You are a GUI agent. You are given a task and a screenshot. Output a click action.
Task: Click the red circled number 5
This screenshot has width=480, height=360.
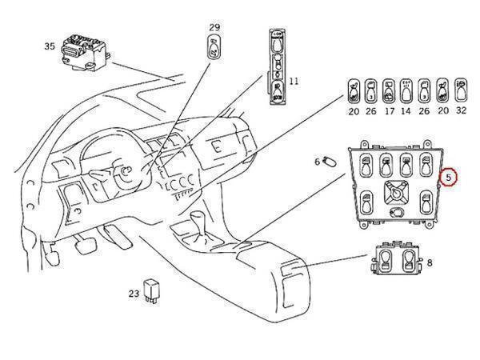click(450, 177)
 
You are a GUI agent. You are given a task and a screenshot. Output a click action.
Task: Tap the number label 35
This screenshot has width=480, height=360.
click(49, 46)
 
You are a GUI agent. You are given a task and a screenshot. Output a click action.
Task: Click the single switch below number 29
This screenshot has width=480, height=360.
click(214, 51)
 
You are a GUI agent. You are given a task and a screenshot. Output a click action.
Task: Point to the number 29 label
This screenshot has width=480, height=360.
click(214, 28)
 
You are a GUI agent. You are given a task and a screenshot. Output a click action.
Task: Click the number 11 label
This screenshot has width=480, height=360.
click(294, 81)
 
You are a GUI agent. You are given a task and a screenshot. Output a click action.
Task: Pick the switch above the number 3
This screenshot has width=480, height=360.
click(371, 92)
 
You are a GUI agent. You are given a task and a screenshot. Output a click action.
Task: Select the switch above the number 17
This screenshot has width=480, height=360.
click(389, 92)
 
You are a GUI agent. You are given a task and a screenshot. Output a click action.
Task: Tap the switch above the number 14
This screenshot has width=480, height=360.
click(406, 92)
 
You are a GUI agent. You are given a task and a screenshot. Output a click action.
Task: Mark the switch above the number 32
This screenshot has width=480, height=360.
click(462, 92)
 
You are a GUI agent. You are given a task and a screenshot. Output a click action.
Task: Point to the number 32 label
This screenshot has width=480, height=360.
click(462, 113)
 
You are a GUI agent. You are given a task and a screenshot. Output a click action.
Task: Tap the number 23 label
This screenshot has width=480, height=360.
click(134, 294)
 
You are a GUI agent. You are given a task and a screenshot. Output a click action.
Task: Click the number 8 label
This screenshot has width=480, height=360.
click(430, 262)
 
